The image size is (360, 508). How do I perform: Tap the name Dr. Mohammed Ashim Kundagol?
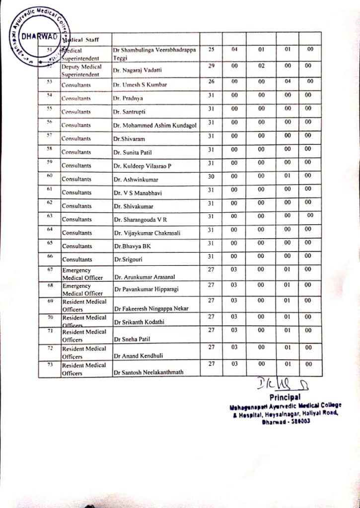tap(154, 126)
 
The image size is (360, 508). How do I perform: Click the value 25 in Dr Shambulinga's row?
tap(211, 50)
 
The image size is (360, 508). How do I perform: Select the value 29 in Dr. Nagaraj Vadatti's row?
tap(211, 65)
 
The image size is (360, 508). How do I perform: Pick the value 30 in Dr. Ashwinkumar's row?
tap(211, 175)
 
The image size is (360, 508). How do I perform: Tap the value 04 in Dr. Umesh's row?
tap(288, 81)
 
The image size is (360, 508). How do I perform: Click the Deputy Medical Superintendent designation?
tap(81, 70)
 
